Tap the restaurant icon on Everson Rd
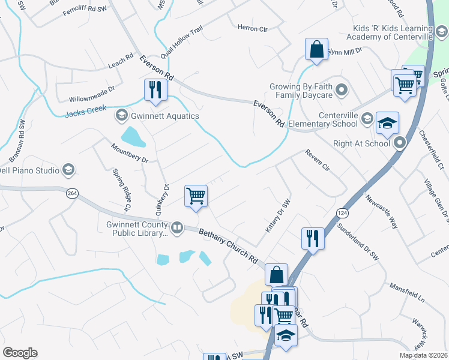pos(155,91)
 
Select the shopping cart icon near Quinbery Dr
pos(196,196)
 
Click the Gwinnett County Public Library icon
pos(177,227)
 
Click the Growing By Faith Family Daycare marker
pos(342,91)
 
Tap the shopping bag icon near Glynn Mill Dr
pos(316,50)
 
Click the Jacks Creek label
pos(85,109)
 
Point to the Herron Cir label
pos(252,28)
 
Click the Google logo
pos(20,353)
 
